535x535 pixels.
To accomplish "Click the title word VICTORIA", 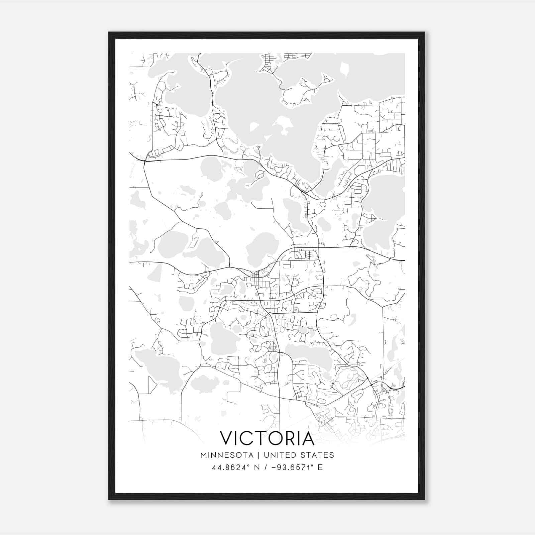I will pos(267,438).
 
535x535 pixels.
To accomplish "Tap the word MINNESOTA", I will pos(227,455).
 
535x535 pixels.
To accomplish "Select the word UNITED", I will pos(280,455).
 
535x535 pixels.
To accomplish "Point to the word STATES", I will pos(317,455).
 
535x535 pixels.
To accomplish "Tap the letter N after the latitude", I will pos(257,467).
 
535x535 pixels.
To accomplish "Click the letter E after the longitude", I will pos(320,467).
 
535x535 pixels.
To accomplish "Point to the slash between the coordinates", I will pos(266,467).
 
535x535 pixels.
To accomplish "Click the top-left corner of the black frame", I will pos(109,32).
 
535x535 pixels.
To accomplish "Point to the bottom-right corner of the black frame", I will pos(425,500).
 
